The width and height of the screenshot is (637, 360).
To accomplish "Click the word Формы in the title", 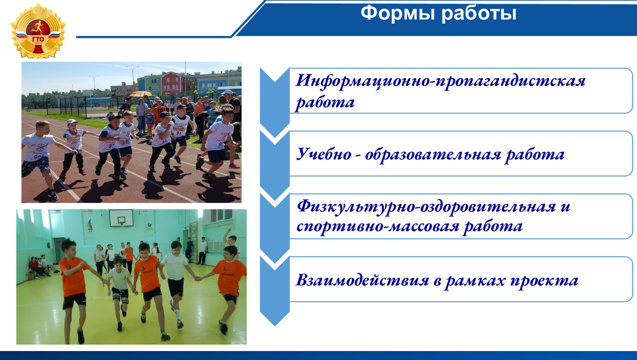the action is [398, 13].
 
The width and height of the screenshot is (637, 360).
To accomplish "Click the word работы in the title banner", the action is [479, 14].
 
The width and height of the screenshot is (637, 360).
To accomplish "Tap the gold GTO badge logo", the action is [38, 31].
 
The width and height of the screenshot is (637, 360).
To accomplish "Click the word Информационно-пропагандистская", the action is [441, 81].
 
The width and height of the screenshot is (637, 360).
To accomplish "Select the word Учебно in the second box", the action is [323, 154].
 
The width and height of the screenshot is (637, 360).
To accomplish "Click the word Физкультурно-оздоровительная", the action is [426, 207].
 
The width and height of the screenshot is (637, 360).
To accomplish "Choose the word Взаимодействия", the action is [362, 281].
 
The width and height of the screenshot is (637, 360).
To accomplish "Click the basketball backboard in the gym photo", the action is [121, 218].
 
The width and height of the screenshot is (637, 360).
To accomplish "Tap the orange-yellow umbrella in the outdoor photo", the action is [141, 93].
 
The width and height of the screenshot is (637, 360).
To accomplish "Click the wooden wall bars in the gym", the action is [194, 242].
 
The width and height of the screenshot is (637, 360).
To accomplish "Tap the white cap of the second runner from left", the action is [72, 122].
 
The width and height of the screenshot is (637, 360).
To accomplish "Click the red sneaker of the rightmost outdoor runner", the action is [234, 166].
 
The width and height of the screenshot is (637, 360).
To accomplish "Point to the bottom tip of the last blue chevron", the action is [275, 325].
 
